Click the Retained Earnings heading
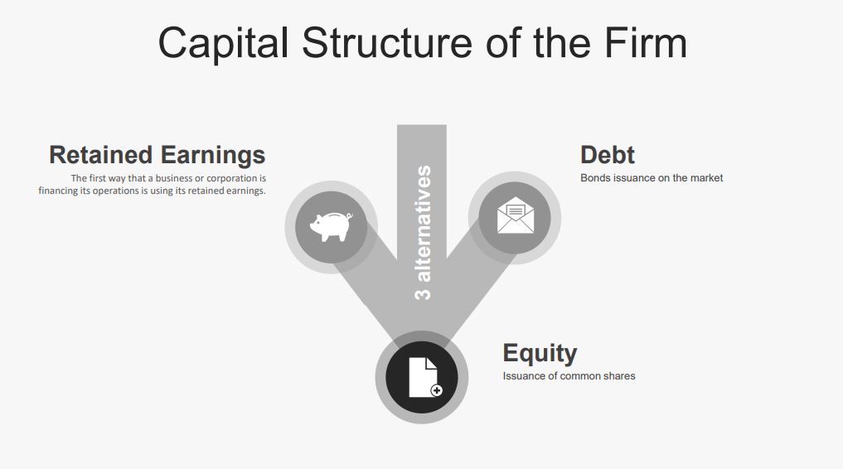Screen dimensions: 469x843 tap(157, 155)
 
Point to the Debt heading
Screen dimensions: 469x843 tap(607, 155)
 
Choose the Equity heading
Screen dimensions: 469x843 tap(540, 353)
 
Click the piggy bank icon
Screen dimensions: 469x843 tap(331, 226)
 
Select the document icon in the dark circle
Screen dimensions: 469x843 tap(422, 377)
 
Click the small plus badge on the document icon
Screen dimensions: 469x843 tap(436, 390)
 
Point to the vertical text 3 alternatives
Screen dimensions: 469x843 tap(423, 232)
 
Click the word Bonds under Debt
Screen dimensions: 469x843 tap(595, 178)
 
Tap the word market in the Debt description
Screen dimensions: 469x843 tap(705, 178)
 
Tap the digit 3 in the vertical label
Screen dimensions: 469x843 tap(423, 293)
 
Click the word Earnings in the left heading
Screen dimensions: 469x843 tap(213, 155)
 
